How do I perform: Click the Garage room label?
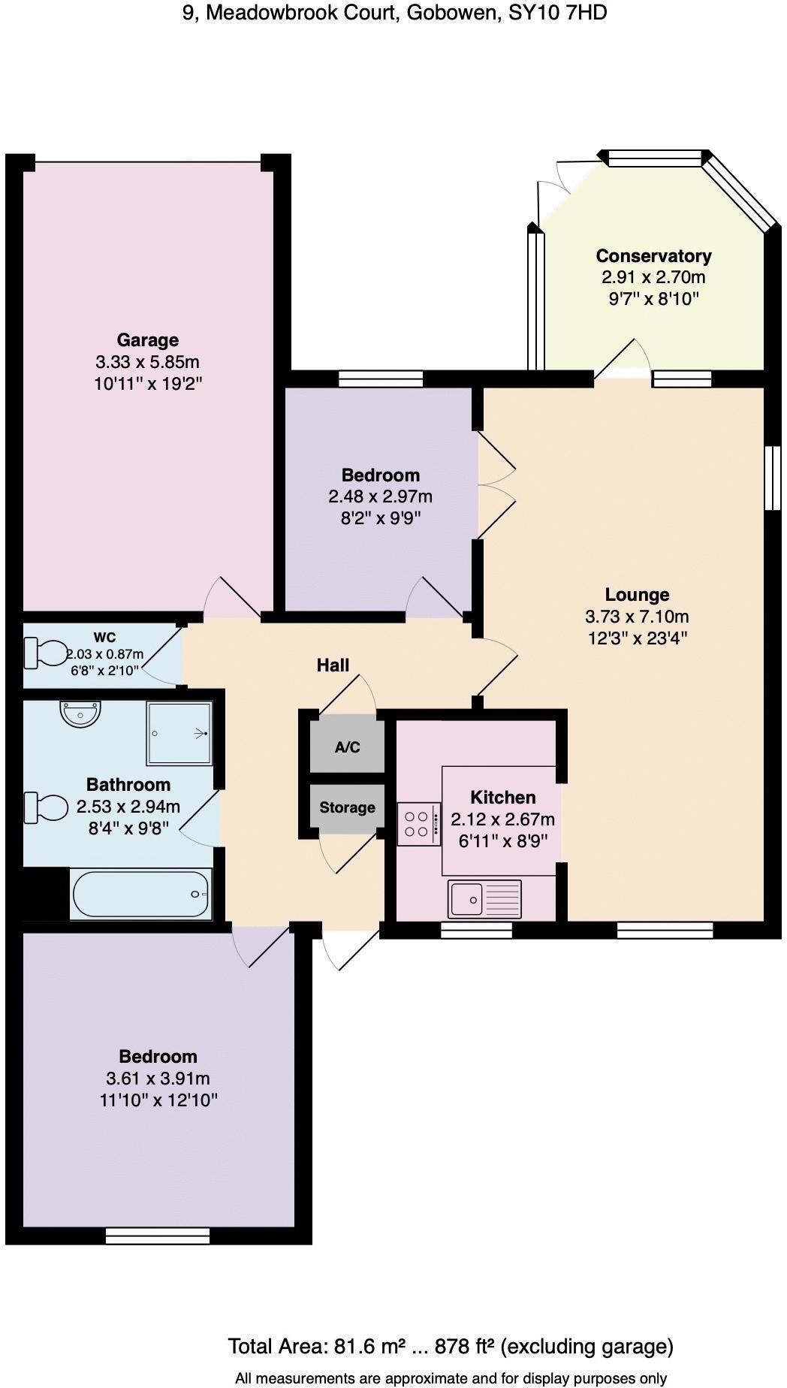click(147, 339)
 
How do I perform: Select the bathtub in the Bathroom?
click(141, 893)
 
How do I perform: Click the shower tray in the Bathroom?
click(179, 732)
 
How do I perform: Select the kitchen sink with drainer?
click(484, 898)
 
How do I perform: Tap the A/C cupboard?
click(347, 747)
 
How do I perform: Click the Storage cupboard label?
click(347, 807)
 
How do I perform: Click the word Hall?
click(333, 665)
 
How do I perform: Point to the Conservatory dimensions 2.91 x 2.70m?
click(653, 277)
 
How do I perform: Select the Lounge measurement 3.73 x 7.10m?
click(637, 617)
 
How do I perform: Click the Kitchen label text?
click(502, 797)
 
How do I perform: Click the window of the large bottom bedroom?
click(157, 1236)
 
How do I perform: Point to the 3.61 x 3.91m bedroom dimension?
click(158, 1079)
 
